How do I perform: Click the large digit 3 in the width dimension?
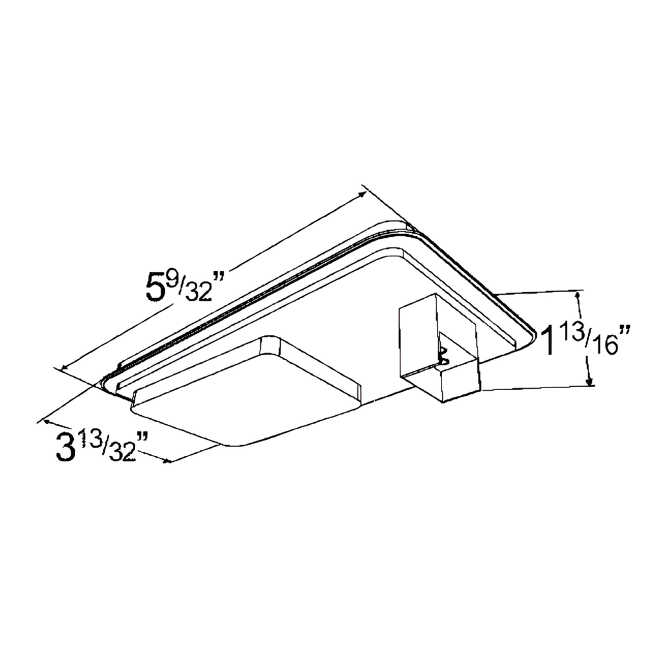point(66,447)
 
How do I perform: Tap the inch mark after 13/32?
point(143,438)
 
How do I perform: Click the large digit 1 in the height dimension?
point(547,341)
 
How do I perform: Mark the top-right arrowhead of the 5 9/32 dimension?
point(363,190)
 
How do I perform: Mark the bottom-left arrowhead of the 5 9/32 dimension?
point(63,368)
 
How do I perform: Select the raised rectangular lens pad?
point(244,392)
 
